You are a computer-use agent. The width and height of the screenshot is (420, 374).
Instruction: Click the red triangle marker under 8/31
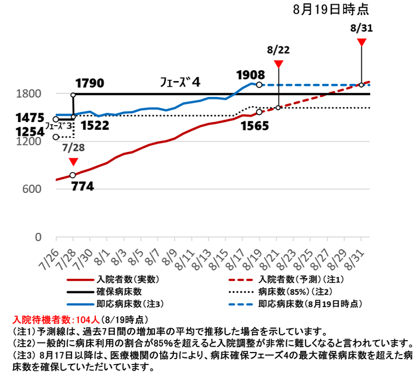[361, 42]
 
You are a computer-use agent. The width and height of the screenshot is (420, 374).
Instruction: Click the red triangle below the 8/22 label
[279, 64]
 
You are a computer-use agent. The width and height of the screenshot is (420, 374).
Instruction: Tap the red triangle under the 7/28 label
[73, 162]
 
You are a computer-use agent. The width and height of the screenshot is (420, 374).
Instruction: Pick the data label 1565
[254, 126]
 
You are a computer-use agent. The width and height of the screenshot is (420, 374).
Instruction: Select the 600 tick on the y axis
[32, 189]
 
